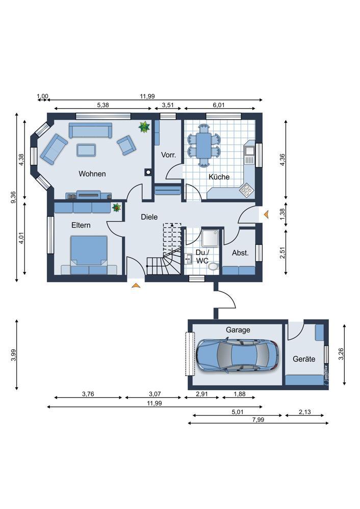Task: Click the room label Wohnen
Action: [92, 174]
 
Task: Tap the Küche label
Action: [219, 177]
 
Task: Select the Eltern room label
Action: [81, 225]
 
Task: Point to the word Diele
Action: [149, 217]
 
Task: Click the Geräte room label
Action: [304, 359]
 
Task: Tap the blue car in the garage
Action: [237, 355]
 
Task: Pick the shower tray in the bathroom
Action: [211, 239]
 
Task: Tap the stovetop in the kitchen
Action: [247, 190]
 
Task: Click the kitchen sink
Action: [249, 150]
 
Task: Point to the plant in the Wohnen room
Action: [144, 127]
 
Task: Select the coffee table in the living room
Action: [86, 150]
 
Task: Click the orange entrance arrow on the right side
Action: [266, 214]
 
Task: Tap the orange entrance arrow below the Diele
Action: [136, 285]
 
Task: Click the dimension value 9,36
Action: [13, 197]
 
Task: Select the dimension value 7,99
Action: [258, 420]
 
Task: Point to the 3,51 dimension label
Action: [168, 105]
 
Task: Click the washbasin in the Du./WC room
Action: [189, 260]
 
